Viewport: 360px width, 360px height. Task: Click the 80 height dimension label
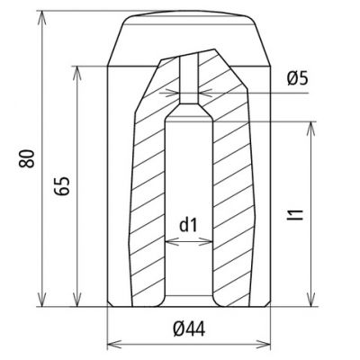coord(26,158)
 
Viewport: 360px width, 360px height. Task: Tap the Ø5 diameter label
coord(297,78)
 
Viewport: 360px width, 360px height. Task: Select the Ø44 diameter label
coord(189,329)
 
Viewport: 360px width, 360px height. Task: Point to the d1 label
coord(188,225)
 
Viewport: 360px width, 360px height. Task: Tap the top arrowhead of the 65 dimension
coord(77,74)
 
